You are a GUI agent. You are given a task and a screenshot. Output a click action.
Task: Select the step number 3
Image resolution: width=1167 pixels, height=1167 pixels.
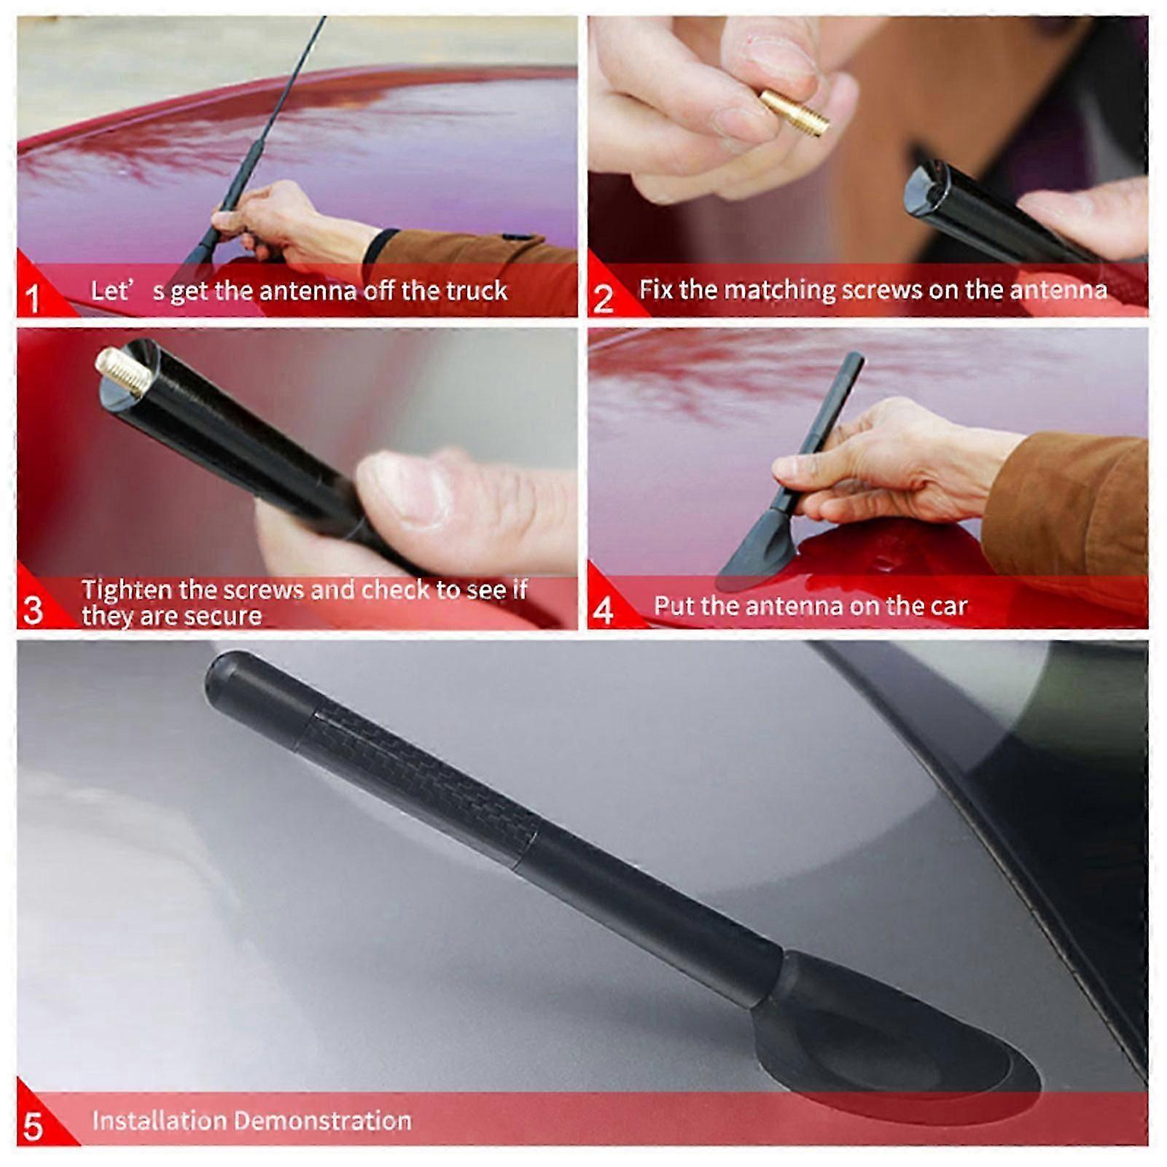(x=33, y=610)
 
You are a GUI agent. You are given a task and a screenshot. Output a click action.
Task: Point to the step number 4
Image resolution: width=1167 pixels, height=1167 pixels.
(x=604, y=610)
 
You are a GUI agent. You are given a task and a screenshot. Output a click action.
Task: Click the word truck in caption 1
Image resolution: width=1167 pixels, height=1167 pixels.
(x=477, y=291)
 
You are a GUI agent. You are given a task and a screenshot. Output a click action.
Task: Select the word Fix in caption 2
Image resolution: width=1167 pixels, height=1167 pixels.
(x=655, y=289)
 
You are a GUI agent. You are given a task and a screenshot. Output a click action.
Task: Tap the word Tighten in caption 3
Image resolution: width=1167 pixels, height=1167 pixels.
(x=127, y=589)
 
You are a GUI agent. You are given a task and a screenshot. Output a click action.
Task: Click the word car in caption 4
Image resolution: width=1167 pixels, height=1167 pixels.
(x=947, y=606)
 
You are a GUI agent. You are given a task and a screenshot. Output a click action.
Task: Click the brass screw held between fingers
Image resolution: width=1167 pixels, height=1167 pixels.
(x=795, y=113)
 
